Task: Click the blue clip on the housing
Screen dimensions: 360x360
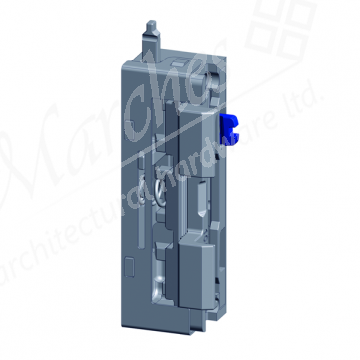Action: [231, 126]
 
